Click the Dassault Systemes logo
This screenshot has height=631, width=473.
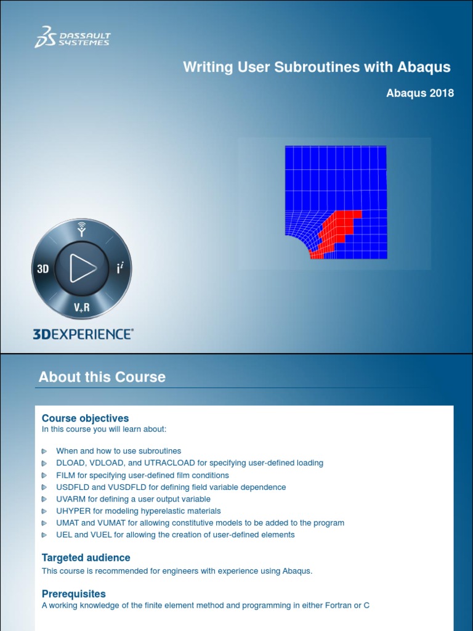click(72, 36)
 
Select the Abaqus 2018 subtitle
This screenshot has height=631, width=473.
click(420, 93)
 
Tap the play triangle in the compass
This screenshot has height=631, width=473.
click(83, 268)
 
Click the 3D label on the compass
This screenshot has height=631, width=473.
click(42, 269)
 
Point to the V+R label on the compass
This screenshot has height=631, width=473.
click(81, 307)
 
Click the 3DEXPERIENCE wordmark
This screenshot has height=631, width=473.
click(83, 334)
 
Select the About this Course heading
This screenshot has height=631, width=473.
click(102, 377)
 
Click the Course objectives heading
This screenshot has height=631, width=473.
click(85, 418)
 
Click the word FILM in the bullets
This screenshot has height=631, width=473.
click(66, 475)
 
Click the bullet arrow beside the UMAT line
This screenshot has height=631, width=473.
click(44, 523)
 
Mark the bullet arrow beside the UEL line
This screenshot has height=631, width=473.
click(44, 535)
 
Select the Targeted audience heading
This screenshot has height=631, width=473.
click(86, 558)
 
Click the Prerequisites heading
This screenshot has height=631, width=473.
click(74, 594)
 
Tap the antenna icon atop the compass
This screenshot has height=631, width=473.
click(81, 229)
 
